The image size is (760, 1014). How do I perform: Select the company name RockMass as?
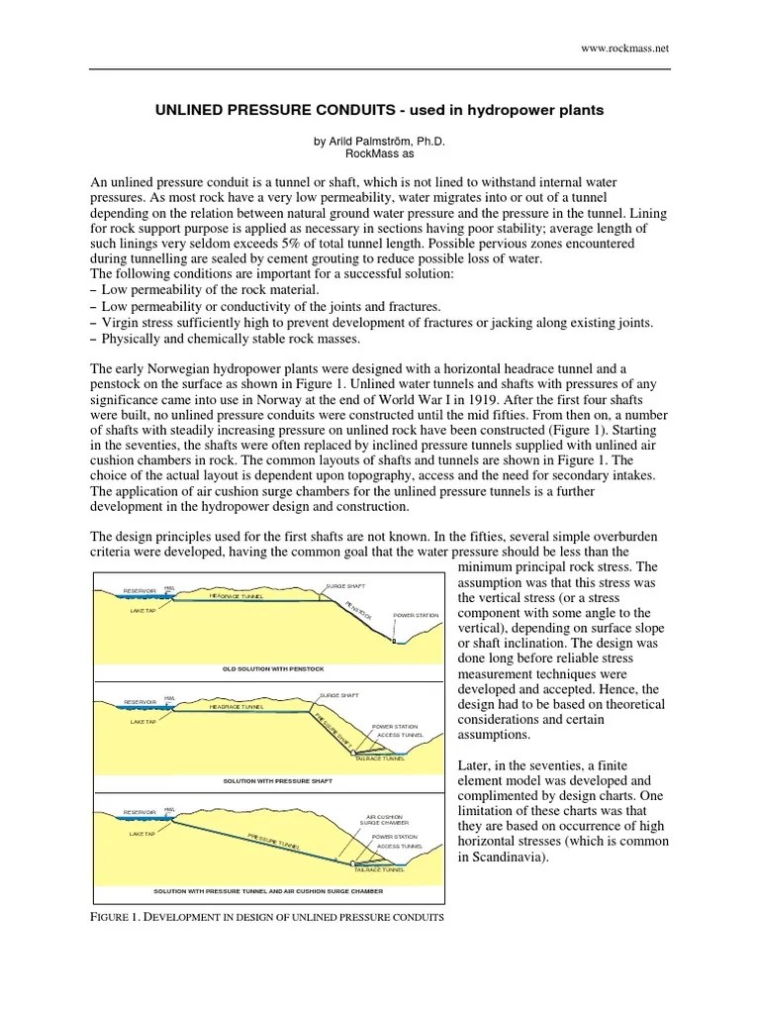[x=380, y=154]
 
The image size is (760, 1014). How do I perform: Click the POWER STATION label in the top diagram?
[x=416, y=615]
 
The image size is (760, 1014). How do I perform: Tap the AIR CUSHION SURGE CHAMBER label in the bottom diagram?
[x=384, y=819]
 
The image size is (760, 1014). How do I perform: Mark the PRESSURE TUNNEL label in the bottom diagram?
[x=274, y=841]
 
